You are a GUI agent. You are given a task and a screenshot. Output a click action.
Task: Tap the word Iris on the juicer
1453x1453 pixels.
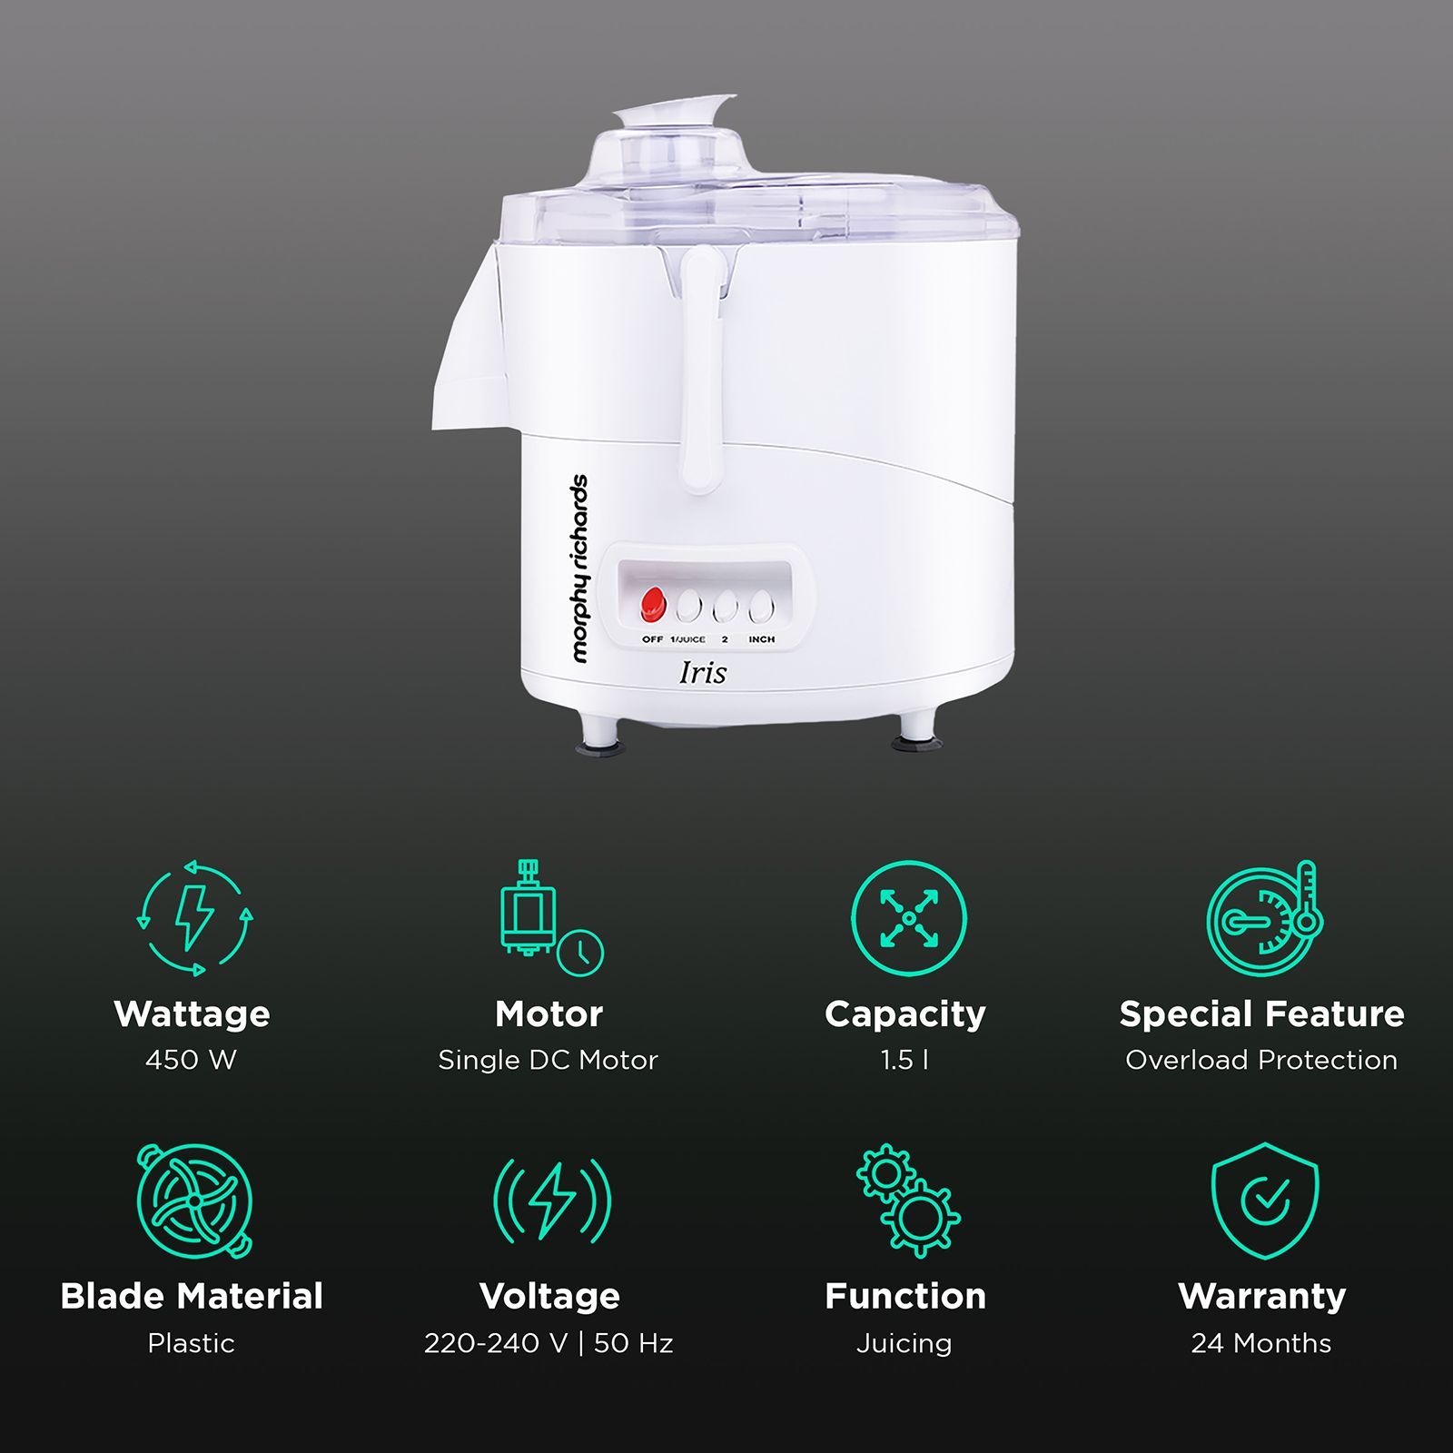tap(703, 673)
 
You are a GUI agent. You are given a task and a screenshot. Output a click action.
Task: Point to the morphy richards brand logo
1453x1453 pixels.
tap(579, 568)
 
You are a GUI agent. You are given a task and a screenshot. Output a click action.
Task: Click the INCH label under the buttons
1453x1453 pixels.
tap(761, 639)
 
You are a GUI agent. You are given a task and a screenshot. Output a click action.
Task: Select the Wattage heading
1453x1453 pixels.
tap(192, 1013)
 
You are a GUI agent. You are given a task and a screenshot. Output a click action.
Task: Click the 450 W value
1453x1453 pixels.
tap(191, 1060)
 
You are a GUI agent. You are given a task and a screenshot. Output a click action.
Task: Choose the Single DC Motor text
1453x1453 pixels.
tap(548, 1060)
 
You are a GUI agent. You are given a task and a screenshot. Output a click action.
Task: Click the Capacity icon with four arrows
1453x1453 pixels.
tap(908, 918)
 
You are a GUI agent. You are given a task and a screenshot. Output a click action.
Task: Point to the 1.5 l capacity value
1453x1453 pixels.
tap(904, 1060)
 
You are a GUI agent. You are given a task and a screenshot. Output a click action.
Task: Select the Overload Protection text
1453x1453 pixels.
tap(1261, 1060)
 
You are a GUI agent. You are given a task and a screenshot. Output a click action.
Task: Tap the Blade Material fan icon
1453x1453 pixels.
tap(194, 1201)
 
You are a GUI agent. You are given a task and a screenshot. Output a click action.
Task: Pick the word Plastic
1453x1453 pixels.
tap(191, 1343)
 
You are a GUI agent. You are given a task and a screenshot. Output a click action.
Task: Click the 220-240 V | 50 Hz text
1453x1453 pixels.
tap(549, 1343)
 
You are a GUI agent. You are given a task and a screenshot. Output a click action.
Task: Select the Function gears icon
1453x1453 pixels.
tap(908, 1201)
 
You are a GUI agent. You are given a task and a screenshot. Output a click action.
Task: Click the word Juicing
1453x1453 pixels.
tap(904, 1343)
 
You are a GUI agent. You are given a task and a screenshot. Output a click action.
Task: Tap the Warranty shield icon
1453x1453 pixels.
tap(1264, 1201)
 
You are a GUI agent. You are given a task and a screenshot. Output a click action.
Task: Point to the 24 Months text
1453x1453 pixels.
tap(1261, 1343)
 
